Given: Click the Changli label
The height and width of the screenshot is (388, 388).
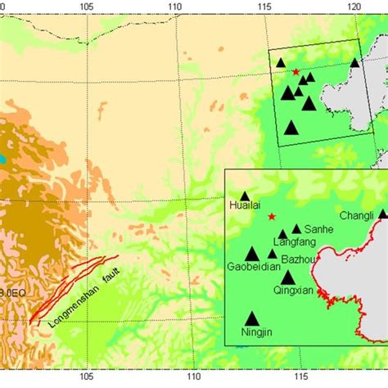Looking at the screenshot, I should (355, 216).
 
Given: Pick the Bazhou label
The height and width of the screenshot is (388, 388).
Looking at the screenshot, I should (298, 259).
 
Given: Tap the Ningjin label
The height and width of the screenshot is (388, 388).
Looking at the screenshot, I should (251, 335).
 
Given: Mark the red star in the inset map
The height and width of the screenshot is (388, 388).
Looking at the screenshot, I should (271, 217).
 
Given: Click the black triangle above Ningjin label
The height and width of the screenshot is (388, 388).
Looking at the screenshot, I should (251, 318).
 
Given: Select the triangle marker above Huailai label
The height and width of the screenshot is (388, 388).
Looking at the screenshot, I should (244, 196).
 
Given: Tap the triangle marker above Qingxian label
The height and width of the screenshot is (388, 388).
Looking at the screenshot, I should (287, 277).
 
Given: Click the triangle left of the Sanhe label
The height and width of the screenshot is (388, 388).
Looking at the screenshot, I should (296, 229).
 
